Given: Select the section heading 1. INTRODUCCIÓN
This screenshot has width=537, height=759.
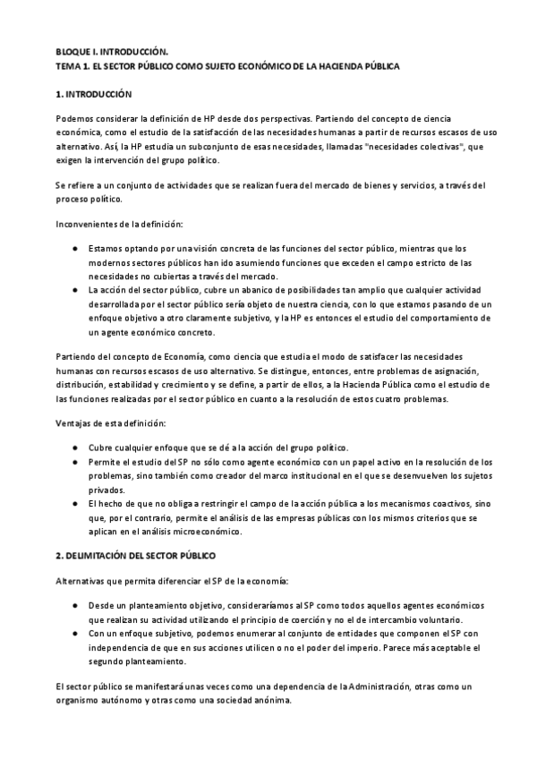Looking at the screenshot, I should point(94,93).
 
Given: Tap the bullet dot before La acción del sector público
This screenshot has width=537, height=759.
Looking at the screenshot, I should point(75,291).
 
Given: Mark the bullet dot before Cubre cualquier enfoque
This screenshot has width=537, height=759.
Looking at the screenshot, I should point(75,448).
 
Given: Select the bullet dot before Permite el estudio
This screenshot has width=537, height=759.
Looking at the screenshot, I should point(75,462).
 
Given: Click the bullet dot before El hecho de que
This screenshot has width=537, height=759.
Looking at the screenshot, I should point(75,504).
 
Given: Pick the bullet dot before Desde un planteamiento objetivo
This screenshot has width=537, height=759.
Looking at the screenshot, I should point(75,606).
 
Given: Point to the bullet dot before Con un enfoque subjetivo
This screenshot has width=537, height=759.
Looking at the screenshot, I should point(75,634).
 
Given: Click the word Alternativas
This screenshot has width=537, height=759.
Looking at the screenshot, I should point(81,581).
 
